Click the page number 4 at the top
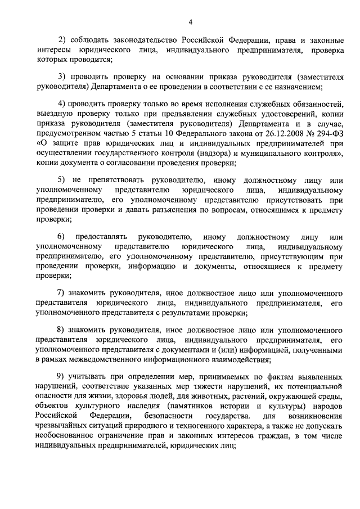tap(190, 21)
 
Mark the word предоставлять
tap(107, 236)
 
